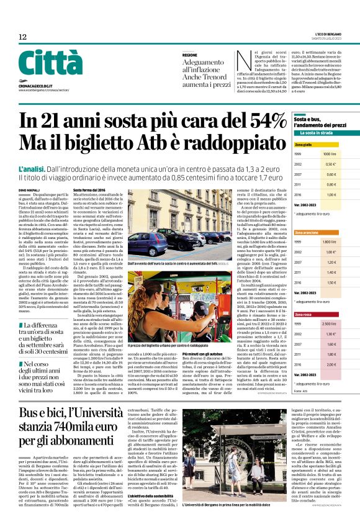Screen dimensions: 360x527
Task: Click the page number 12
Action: click(x=23, y=37)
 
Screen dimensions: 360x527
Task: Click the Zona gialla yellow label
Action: click(x=303, y=144)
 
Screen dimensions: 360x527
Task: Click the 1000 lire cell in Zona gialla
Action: click(x=328, y=153)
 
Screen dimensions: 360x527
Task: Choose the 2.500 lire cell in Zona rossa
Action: click(x=328, y=324)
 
